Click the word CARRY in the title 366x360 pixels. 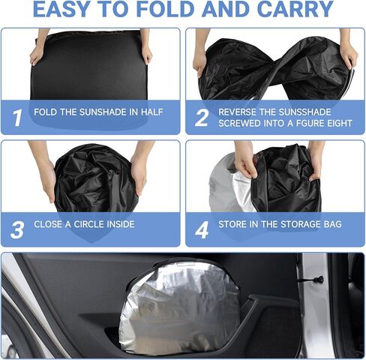coord(295,9)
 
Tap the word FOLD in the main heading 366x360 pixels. coord(165,9)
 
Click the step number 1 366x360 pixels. coord(17,118)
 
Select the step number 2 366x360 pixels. coord(202,118)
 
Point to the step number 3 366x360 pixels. coord(17,229)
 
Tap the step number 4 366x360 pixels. coord(202,229)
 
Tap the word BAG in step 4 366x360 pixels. coord(332,224)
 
